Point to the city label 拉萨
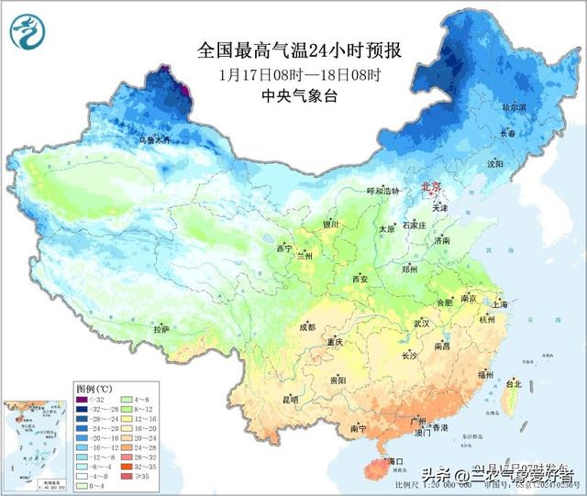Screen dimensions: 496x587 pos(161,328)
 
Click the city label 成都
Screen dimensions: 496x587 pos(306,327)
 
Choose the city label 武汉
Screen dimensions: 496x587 pos(422,324)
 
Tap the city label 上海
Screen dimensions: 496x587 pos(500,303)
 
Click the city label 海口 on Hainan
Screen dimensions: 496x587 pos(396,460)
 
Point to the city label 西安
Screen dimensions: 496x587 pos(358,279)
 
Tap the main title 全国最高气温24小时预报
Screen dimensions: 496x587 pos(300,49)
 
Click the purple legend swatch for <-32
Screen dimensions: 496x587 pos(83,400)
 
